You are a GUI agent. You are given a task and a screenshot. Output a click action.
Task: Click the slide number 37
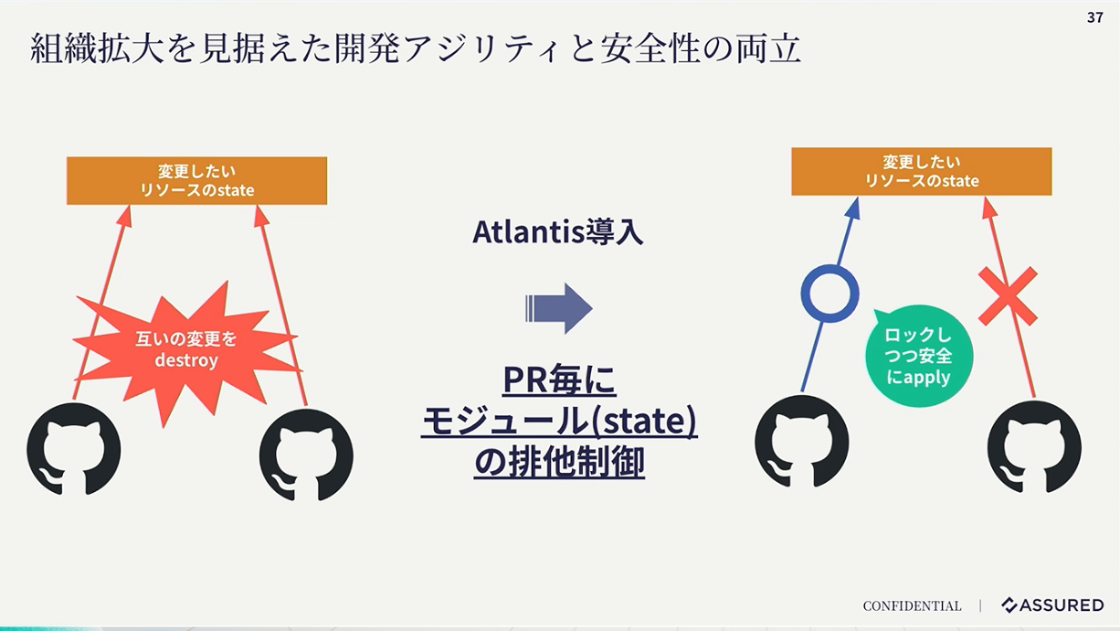1094,17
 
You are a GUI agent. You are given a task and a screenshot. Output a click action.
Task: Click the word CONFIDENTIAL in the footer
912,606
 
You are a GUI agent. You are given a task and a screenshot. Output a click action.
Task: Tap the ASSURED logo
1052,605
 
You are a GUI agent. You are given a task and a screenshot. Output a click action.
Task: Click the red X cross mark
1008,296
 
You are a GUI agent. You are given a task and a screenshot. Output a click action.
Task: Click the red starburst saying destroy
186,350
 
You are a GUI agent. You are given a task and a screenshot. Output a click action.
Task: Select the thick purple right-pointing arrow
559,308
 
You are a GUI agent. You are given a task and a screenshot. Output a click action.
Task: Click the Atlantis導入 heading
557,232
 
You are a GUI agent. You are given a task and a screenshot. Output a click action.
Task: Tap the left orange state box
197,181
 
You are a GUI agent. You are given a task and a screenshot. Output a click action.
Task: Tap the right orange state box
922,171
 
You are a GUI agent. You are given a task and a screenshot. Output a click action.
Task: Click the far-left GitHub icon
73,449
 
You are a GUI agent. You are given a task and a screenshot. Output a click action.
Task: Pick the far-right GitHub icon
1034,447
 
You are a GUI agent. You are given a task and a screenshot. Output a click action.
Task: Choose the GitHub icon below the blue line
801,442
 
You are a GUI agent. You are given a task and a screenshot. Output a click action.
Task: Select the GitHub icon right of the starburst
306,455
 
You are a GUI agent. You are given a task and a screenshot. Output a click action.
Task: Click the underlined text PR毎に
559,380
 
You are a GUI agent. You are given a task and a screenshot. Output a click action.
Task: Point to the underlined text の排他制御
559,462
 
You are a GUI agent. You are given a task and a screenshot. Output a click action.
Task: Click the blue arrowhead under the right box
852,209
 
